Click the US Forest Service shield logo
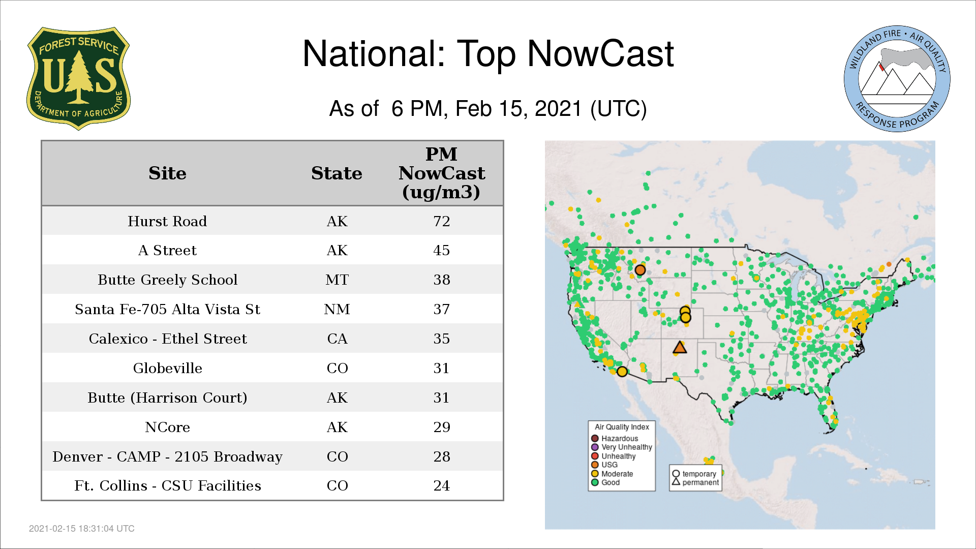point(78,79)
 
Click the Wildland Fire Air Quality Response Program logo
point(897,79)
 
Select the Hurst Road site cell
point(167,221)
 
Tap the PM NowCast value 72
point(441,221)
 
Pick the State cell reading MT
point(337,280)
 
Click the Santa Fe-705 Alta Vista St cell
point(167,309)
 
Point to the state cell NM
point(337,309)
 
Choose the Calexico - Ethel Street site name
point(167,339)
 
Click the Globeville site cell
point(167,368)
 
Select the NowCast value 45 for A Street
point(441,250)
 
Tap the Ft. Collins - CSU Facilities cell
point(167,485)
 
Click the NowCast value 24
point(441,485)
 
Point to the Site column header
point(167,173)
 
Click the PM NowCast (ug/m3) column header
point(441,173)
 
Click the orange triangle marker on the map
point(680,348)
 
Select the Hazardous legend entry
point(615,438)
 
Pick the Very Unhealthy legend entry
point(622,447)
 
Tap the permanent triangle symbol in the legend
point(676,482)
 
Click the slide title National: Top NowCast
point(488,54)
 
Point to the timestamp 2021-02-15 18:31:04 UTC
point(82,529)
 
